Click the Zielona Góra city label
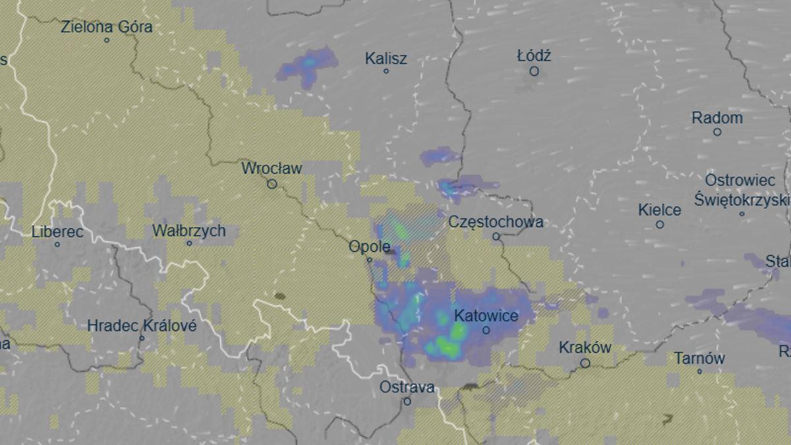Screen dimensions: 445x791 point(106,27)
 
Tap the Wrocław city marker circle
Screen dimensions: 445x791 point(272,184)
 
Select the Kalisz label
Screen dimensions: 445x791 point(386,59)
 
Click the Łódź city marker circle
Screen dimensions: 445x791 point(534,71)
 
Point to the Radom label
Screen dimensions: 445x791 point(717,118)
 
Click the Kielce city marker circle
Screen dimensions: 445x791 point(659,224)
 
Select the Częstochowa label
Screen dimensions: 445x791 point(496,222)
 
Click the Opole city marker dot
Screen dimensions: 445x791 point(370,260)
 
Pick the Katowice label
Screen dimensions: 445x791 point(486,315)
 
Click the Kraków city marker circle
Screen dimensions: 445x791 point(585,363)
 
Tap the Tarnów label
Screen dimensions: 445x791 point(699,359)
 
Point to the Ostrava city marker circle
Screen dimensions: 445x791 point(407,401)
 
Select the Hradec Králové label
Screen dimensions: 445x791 point(142,326)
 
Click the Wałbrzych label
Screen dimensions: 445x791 point(189,231)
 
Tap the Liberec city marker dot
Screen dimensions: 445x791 point(57,245)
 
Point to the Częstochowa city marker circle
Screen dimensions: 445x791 point(496,236)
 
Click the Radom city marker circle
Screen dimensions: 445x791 point(717,132)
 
